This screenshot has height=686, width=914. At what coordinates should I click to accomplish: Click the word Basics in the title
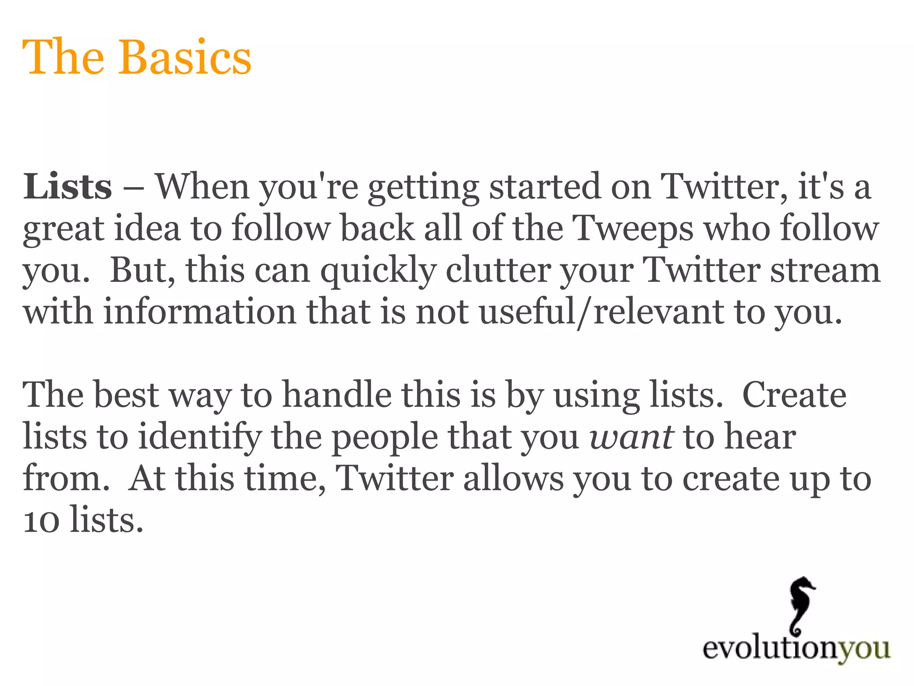(184, 58)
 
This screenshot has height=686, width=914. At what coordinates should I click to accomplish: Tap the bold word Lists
(67, 187)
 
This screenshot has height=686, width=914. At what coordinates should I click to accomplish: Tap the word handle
(337, 395)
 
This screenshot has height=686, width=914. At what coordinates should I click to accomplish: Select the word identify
(199, 437)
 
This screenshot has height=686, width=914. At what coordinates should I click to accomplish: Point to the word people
(385, 437)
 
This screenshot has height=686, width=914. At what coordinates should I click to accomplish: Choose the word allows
(513, 478)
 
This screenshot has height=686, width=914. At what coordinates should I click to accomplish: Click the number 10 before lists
(41, 521)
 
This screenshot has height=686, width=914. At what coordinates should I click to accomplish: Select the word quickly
(378, 271)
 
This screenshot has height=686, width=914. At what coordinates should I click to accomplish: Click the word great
(63, 229)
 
